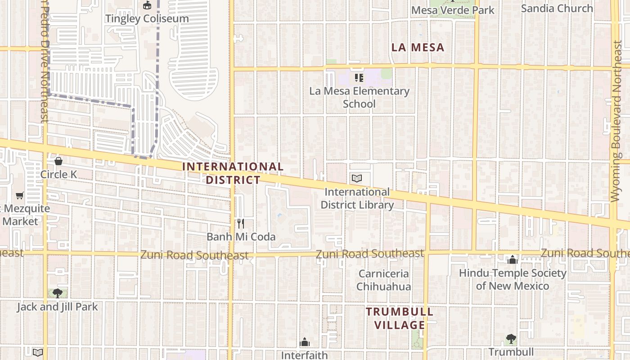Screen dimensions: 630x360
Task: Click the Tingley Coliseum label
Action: [x=147, y=18]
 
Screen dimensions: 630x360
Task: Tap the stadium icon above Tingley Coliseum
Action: [x=147, y=5]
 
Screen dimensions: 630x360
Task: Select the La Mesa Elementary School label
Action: [x=359, y=97]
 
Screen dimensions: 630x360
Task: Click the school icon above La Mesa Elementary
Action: [x=359, y=78]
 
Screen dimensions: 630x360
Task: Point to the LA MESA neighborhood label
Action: [x=418, y=47]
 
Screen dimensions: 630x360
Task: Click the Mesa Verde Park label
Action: [x=453, y=10]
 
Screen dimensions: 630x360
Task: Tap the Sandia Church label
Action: [x=557, y=8]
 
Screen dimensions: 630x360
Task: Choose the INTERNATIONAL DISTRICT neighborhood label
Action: [x=233, y=173]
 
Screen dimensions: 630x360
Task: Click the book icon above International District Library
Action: [x=357, y=179]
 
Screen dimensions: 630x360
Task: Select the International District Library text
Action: [x=357, y=198]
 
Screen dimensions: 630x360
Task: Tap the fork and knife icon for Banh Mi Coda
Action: [x=241, y=224]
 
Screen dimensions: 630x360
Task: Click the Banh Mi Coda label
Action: [x=241, y=237]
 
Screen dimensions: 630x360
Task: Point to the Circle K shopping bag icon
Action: [x=58, y=161]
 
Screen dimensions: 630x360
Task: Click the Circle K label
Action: [x=58, y=174]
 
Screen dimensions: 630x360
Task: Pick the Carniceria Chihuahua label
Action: [x=383, y=280]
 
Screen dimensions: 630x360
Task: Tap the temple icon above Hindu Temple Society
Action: [x=512, y=260]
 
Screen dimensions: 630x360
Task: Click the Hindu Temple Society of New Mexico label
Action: [x=512, y=279]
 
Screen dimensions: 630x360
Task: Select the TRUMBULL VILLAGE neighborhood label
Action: [x=400, y=318]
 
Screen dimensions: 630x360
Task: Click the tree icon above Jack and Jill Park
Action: [x=57, y=293]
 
